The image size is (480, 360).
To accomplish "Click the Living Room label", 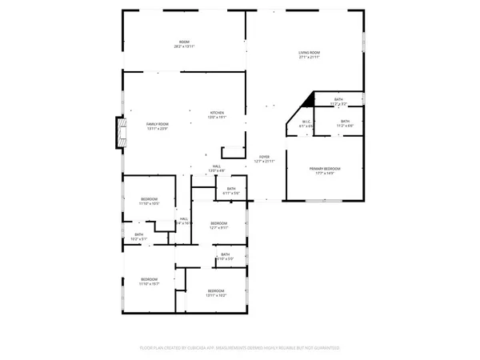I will coord(309,52).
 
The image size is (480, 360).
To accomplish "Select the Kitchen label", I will coord(217,113).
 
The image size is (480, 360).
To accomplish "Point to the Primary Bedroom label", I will coord(325,168).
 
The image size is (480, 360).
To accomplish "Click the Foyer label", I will coord(263,156).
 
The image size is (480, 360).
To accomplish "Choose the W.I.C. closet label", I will coord(306,122).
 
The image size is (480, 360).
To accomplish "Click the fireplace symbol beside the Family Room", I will coord(121,131).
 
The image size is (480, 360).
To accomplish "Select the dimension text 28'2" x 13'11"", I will coord(184,47).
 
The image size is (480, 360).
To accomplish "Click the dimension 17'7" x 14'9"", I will coord(325,174).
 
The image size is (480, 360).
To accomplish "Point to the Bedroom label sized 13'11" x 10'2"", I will coord(216,290).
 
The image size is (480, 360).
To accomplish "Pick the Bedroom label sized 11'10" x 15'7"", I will coord(150,279).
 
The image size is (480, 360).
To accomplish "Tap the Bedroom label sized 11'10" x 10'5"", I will coord(150,198).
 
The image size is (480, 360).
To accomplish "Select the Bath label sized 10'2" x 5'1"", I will coord(139,234).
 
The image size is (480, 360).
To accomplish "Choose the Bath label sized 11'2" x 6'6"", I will coord(345,121).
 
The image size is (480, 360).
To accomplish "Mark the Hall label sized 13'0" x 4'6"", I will coord(217,166).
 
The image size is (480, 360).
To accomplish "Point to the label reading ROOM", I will coord(184,42).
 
